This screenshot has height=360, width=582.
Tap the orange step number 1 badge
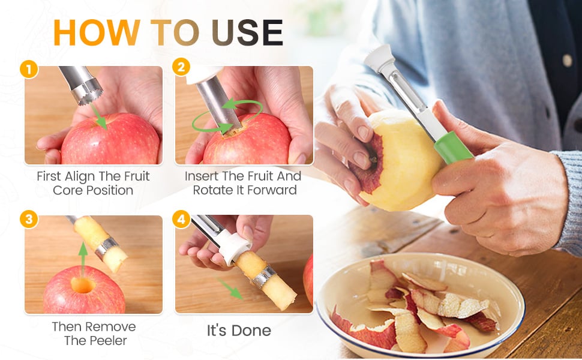(29, 69)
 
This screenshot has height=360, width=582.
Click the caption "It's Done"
(239, 331)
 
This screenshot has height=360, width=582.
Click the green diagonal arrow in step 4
(230, 289)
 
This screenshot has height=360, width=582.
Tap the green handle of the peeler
(454, 148)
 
